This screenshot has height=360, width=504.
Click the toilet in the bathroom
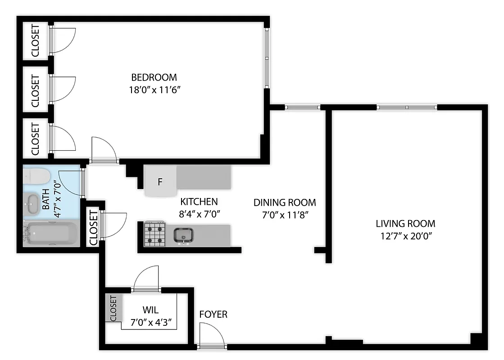click(36, 176)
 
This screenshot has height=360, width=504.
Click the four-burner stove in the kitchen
click(154, 234)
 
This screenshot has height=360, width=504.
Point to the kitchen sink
click(183, 235)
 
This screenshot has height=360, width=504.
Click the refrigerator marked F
click(160, 182)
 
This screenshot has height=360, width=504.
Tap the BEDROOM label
click(154, 77)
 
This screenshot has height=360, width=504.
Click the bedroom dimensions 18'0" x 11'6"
click(154, 89)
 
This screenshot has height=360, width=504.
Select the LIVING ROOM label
click(406, 223)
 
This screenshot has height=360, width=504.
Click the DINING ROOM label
click(284, 202)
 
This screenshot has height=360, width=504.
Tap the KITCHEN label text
click(199, 202)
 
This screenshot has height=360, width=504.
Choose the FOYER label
click(213, 314)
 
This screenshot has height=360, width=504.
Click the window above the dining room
click(302, 107)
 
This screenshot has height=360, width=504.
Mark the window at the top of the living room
click(407, 107)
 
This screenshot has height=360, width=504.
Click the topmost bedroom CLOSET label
click(36, 41)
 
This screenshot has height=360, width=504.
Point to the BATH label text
click(46, 203)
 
